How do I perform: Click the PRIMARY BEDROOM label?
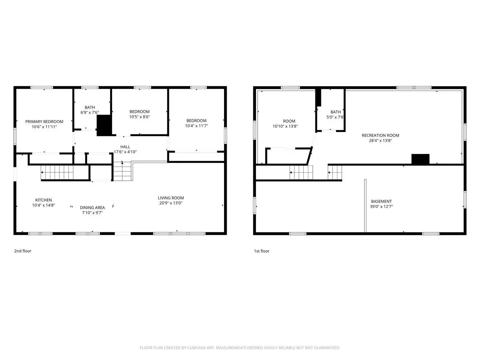click(x=44, y=122)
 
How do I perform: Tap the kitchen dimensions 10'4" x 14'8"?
click(x=43, y=206)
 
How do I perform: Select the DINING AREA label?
click(x=92, y=208)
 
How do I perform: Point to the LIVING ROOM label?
click(x=171, y=198)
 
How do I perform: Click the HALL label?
click(x=125, y=147)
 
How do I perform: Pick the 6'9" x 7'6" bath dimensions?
click(x=90, y=113)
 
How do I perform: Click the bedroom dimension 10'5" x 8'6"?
click(x=139, y=117)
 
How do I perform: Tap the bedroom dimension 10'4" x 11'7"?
click(x=196, y=126)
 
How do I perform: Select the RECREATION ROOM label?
click(x=380, y=135)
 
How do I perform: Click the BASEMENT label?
click(x=381, y=201)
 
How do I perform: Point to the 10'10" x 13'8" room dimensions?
click(x=285, y=127)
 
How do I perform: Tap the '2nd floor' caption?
click(x=23, y=251)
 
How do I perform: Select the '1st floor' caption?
click(x=262, y=251)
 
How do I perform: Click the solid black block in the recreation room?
click(x=420, y=159)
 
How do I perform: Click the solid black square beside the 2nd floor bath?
click(x=104, y=125)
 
